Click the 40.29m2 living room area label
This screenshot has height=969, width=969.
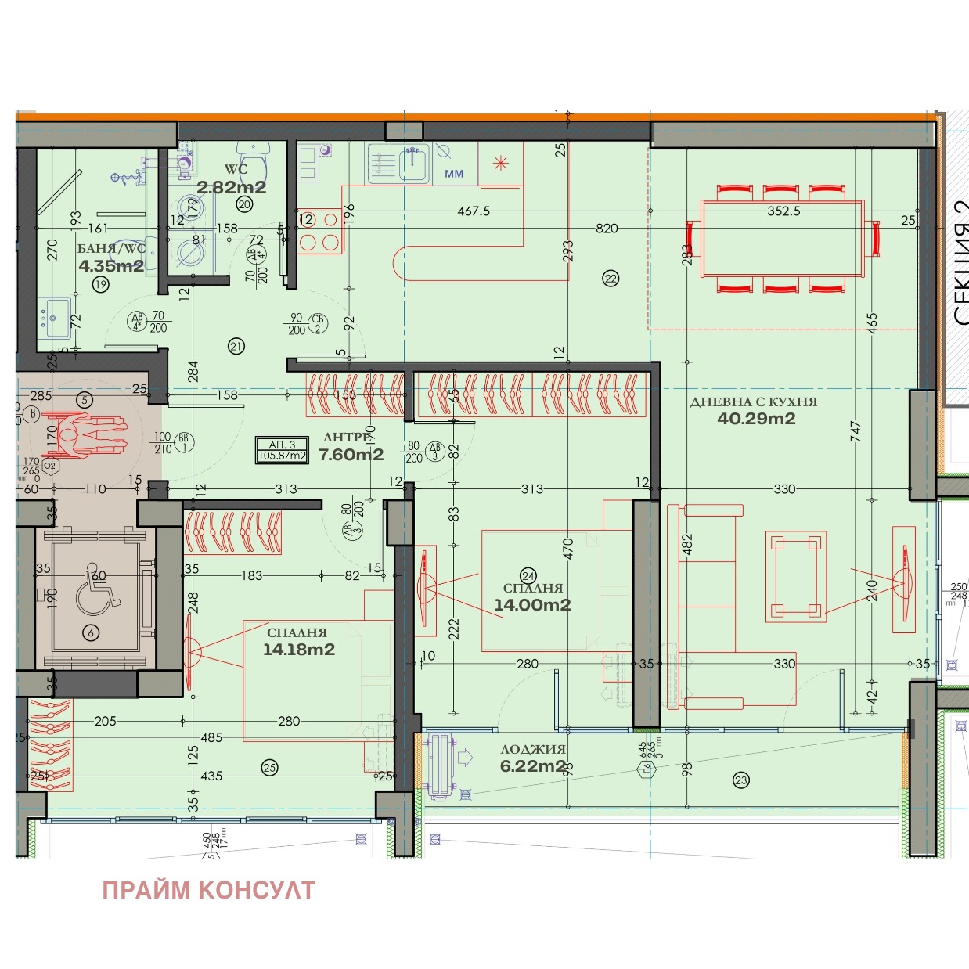(x=756, y=419)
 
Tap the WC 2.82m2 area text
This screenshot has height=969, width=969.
(x=231, y=187)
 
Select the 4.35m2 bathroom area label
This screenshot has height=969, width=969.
(x=111, y=266)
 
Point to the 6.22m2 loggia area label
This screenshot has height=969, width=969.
(x=532, y=766)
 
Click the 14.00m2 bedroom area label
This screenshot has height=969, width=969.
(x=532, y=605)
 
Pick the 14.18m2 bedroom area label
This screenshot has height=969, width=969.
(x=299, y=650)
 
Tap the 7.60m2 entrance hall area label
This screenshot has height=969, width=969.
(x=351, y=455)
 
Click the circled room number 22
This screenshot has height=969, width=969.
(x=611, y=278)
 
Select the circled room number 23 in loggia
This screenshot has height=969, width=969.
(x=740, y=780)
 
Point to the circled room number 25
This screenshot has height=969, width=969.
(x=270, y=767)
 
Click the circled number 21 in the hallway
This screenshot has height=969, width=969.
(x=236, y=346)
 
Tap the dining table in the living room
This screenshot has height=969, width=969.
(x=783, y=239)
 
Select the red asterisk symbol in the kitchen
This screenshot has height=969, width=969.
(x=500, y=163)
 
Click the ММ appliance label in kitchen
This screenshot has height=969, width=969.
(x=454, y=174)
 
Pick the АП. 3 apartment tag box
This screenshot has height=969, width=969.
(x=282, y=450)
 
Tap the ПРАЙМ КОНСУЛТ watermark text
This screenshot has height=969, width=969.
(x=208, y=891)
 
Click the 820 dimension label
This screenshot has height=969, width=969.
(x=607, y=229)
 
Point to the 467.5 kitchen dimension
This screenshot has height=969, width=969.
(x=474, y=211)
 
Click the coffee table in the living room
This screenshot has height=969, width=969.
(x=796, y=576)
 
